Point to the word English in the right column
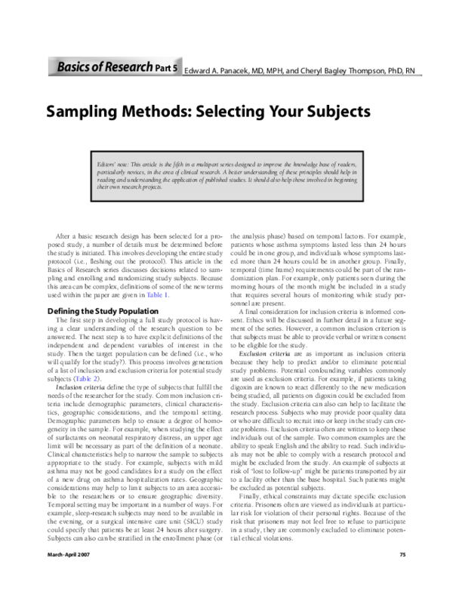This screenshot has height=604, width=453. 318,436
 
